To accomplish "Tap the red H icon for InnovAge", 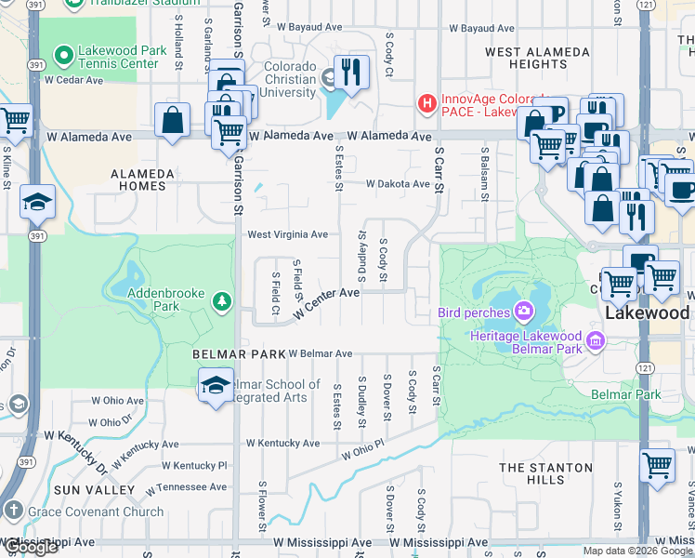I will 427,103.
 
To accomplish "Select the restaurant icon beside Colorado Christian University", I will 351,72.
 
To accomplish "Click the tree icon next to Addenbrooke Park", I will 221,300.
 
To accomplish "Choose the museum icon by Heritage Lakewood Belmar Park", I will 596,341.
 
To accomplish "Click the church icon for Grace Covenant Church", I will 13,511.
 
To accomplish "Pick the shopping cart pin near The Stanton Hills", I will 658,464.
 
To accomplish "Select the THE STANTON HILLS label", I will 544,473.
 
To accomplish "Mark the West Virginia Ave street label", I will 287,234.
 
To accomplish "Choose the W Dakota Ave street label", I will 398,184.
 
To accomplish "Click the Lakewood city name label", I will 647,312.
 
